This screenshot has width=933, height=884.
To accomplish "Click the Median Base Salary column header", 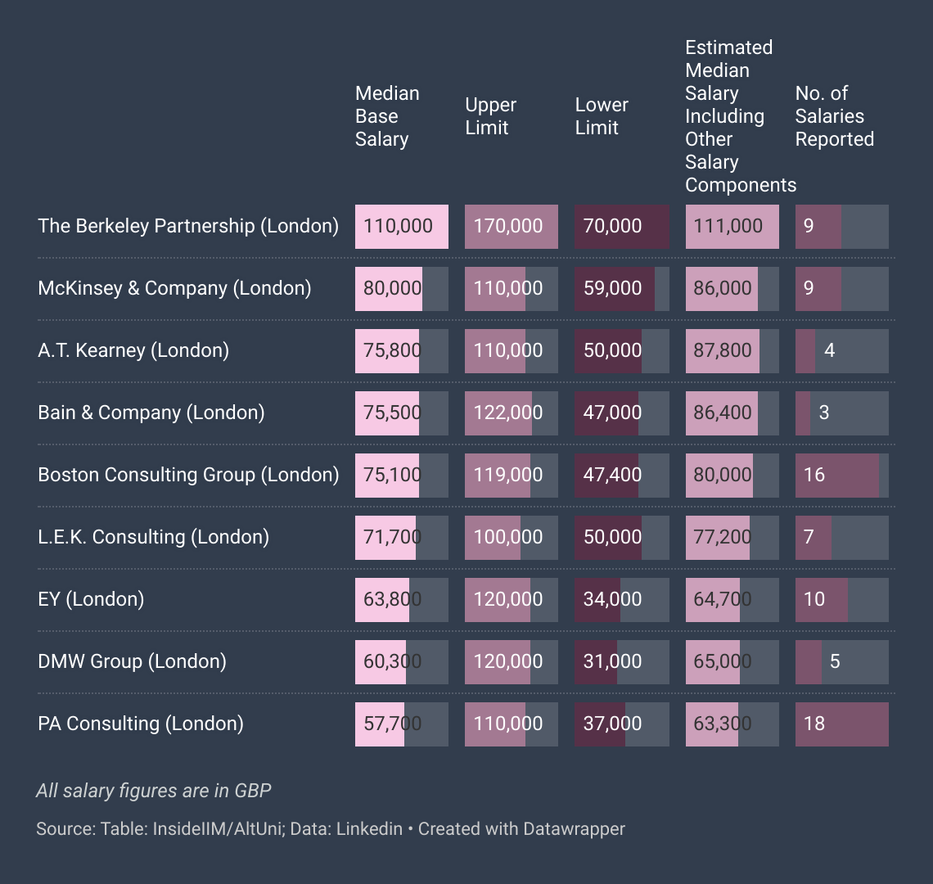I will tap(387, 116).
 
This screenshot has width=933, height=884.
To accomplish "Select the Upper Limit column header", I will tap(490, 116).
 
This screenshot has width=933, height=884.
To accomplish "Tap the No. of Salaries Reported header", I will tap(834, 116).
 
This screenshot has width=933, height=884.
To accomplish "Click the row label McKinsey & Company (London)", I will tap(174, 288).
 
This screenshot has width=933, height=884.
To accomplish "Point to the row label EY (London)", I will tap(91, 599).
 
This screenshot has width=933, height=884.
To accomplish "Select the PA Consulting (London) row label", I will tap(141, 724).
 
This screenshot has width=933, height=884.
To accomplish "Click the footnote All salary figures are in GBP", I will tap(154, 791).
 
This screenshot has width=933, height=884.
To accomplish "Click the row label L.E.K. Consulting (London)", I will tap(154, 537).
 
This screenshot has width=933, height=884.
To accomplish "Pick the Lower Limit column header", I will tap(602, 116).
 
